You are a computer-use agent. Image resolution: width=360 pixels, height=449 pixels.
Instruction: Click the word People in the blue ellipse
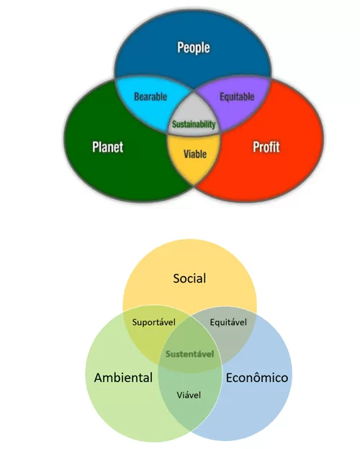(x=194, y=48)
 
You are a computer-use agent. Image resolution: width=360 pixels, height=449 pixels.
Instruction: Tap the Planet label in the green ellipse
(x=107, y=147)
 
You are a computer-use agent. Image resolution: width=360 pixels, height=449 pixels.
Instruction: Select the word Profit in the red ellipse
(x=266, y=147)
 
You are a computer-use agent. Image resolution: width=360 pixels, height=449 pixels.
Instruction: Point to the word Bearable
(x=150, y=97)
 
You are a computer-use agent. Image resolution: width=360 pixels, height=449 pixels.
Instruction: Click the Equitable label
(x=237, y=97)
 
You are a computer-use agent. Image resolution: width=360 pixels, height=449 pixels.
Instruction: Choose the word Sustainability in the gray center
(x=194, y=124)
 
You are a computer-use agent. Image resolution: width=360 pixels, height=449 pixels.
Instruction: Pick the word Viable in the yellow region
(x=195, y=154)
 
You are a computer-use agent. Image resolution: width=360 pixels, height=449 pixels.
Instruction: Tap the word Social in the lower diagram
(x=189, y=278)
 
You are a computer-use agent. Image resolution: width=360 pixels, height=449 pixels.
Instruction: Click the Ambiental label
(x=123, y=378)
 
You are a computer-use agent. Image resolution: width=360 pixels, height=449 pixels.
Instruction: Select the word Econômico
(x=257, y=378)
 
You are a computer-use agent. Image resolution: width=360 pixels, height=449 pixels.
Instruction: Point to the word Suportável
(x=153, y=323)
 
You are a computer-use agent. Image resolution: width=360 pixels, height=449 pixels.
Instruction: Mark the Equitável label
(x=228, y=322)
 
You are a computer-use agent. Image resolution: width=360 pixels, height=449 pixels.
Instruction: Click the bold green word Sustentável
(x=190, y=354)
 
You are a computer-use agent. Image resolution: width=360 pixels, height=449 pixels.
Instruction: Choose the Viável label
(x=189, y=395)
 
